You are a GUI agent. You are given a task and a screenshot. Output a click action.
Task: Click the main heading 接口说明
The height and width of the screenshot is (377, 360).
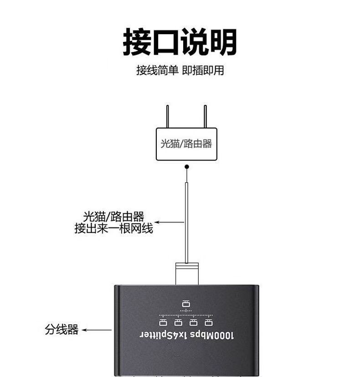tap(180, 42)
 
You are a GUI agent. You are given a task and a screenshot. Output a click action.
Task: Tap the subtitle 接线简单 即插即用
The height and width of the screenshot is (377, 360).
tap(180, 71)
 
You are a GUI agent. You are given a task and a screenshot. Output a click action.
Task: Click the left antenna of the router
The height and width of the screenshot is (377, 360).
tap(168, 117)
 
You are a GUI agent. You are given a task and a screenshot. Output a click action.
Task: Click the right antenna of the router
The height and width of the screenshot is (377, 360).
tap(205, 117)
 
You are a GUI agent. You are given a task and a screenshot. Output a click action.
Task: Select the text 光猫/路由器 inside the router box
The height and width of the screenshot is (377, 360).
tap(186, 144)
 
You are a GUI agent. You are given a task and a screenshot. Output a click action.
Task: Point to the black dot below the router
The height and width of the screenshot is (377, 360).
tap(186, 167)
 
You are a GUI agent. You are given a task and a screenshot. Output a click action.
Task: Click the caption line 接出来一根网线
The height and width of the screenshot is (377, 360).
tap(113, 228)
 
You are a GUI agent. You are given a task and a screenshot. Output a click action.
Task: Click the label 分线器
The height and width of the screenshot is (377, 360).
tap(62, 330)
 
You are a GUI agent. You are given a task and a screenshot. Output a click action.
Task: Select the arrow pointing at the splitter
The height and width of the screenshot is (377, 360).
tap(96, 330)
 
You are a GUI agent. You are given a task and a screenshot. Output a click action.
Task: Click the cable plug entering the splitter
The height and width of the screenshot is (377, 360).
tap(186, 274)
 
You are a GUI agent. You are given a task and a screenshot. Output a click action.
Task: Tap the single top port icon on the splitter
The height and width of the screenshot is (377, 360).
tap(185, 304)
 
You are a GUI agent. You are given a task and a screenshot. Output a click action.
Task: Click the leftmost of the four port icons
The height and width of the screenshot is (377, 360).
tap(163, 322)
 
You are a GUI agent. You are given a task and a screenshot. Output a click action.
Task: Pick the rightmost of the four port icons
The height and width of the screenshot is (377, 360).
tap(209, 322)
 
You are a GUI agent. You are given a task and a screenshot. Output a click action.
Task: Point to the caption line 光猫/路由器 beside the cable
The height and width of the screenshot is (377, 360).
tap(113, 216)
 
